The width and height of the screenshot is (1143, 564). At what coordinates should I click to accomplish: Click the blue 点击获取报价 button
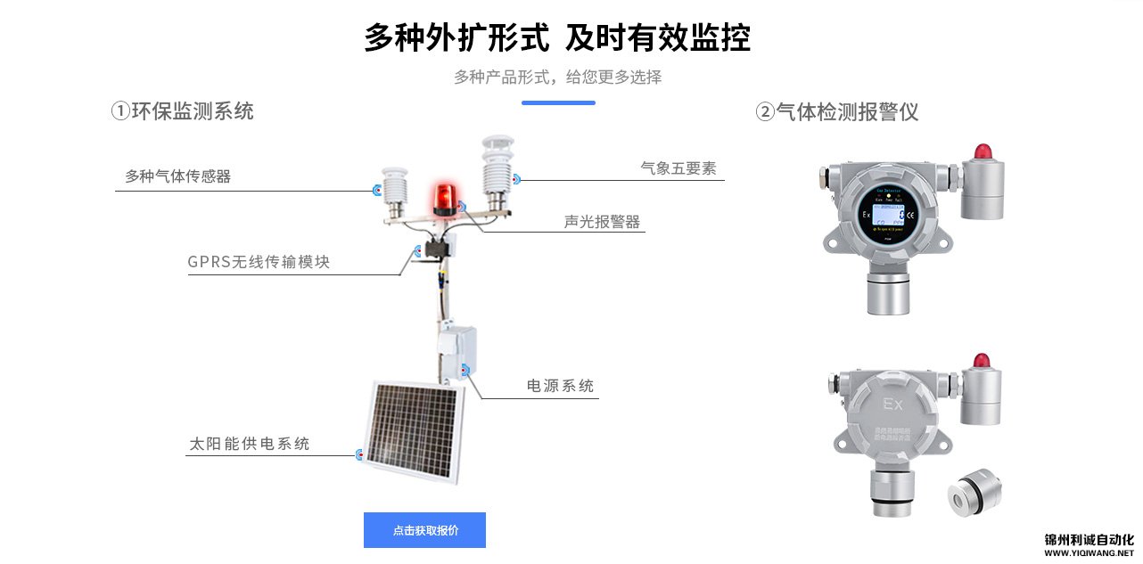click(x=424, y=530)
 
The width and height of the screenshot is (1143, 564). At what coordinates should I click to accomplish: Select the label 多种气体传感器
click(x=178, y=176)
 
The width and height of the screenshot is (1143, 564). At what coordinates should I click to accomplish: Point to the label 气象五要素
click(x=678, y=168)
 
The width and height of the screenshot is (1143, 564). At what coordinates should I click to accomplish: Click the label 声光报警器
click(x=603, y=222)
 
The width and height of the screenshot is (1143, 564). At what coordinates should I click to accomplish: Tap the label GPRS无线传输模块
click(x=259, y=262)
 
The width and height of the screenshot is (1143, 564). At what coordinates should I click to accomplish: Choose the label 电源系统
click(x=560, y=386)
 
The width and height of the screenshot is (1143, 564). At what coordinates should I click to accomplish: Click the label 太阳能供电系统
click(x=250, y=443)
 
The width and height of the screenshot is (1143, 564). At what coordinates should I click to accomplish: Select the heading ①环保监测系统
click(x=183, y=111)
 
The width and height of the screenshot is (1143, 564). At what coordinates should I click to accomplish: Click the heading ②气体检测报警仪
click(x=837, y=112)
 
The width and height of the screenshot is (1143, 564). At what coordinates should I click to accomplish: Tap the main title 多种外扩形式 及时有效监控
click(x=557, y=38)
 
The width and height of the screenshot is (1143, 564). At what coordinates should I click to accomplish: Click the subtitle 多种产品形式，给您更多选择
click(x=558, y=77)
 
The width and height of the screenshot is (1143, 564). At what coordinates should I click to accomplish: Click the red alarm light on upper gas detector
click(x=983, y=151)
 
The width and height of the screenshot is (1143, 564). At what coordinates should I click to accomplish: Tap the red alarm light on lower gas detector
click(x=982, y=360)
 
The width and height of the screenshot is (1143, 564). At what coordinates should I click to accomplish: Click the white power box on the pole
click(x=456, y=351)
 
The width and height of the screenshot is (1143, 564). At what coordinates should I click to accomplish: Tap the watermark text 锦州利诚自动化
click(x=1089, y=540)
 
